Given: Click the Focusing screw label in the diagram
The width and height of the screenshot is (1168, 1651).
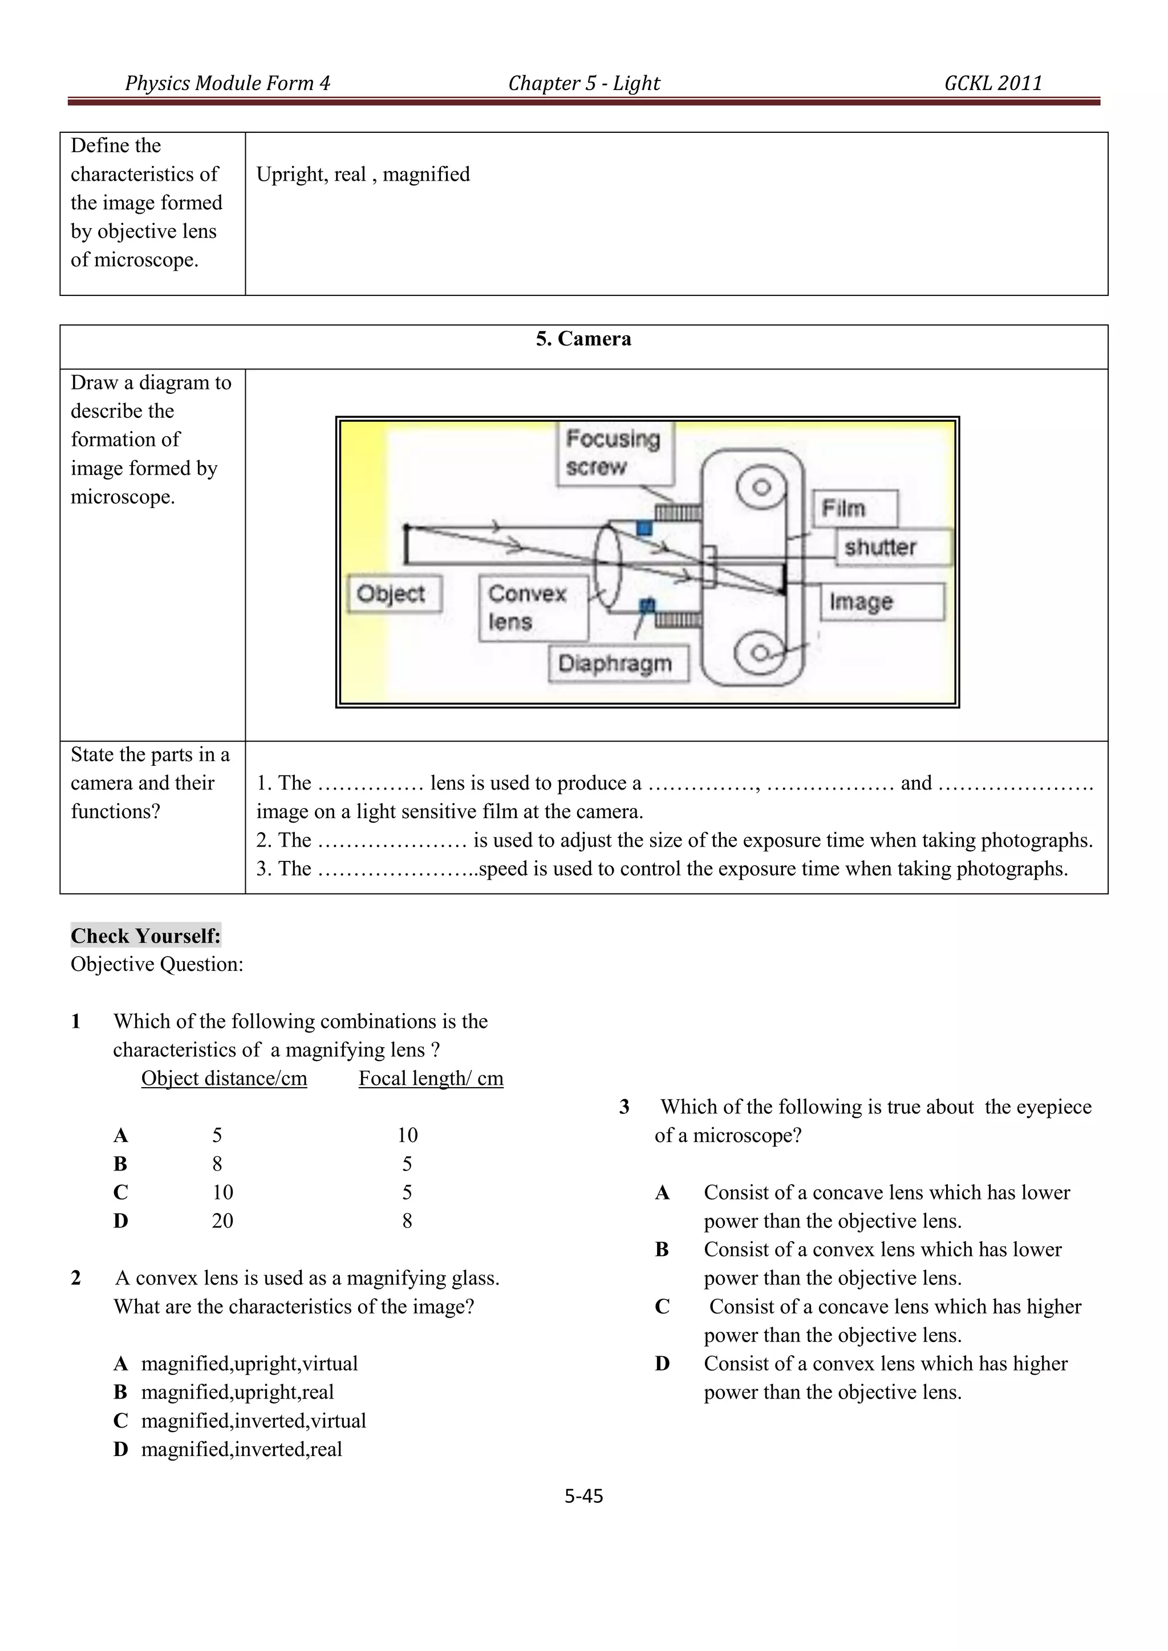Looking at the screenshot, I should click(614, 453).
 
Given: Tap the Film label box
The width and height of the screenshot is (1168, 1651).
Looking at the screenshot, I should click(854, 509).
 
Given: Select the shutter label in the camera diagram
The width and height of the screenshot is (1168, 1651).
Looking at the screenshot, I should click(892, 547).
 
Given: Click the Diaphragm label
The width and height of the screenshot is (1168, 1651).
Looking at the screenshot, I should click(617, 663).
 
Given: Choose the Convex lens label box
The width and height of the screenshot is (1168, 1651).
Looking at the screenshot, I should click(533, 608).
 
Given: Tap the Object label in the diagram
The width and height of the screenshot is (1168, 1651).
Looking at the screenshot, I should click(394, 594).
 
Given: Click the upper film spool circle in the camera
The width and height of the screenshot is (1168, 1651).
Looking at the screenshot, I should click(761, 488).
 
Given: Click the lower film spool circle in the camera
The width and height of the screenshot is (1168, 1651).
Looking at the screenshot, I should click(759, 653).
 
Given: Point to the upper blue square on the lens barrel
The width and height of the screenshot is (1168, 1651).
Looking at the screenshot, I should click(644, 528).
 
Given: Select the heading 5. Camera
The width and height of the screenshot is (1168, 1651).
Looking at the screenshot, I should click(583, 339).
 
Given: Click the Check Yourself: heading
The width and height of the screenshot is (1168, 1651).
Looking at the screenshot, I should click(146, 936).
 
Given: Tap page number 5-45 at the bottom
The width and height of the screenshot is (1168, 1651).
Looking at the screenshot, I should click(583, 1496).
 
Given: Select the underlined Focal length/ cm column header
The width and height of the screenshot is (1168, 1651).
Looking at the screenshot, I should click(431, 1078).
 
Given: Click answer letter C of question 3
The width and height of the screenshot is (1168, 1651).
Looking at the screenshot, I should click(662, 1306).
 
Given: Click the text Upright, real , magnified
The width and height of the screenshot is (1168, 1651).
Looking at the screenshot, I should click(363, 174).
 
